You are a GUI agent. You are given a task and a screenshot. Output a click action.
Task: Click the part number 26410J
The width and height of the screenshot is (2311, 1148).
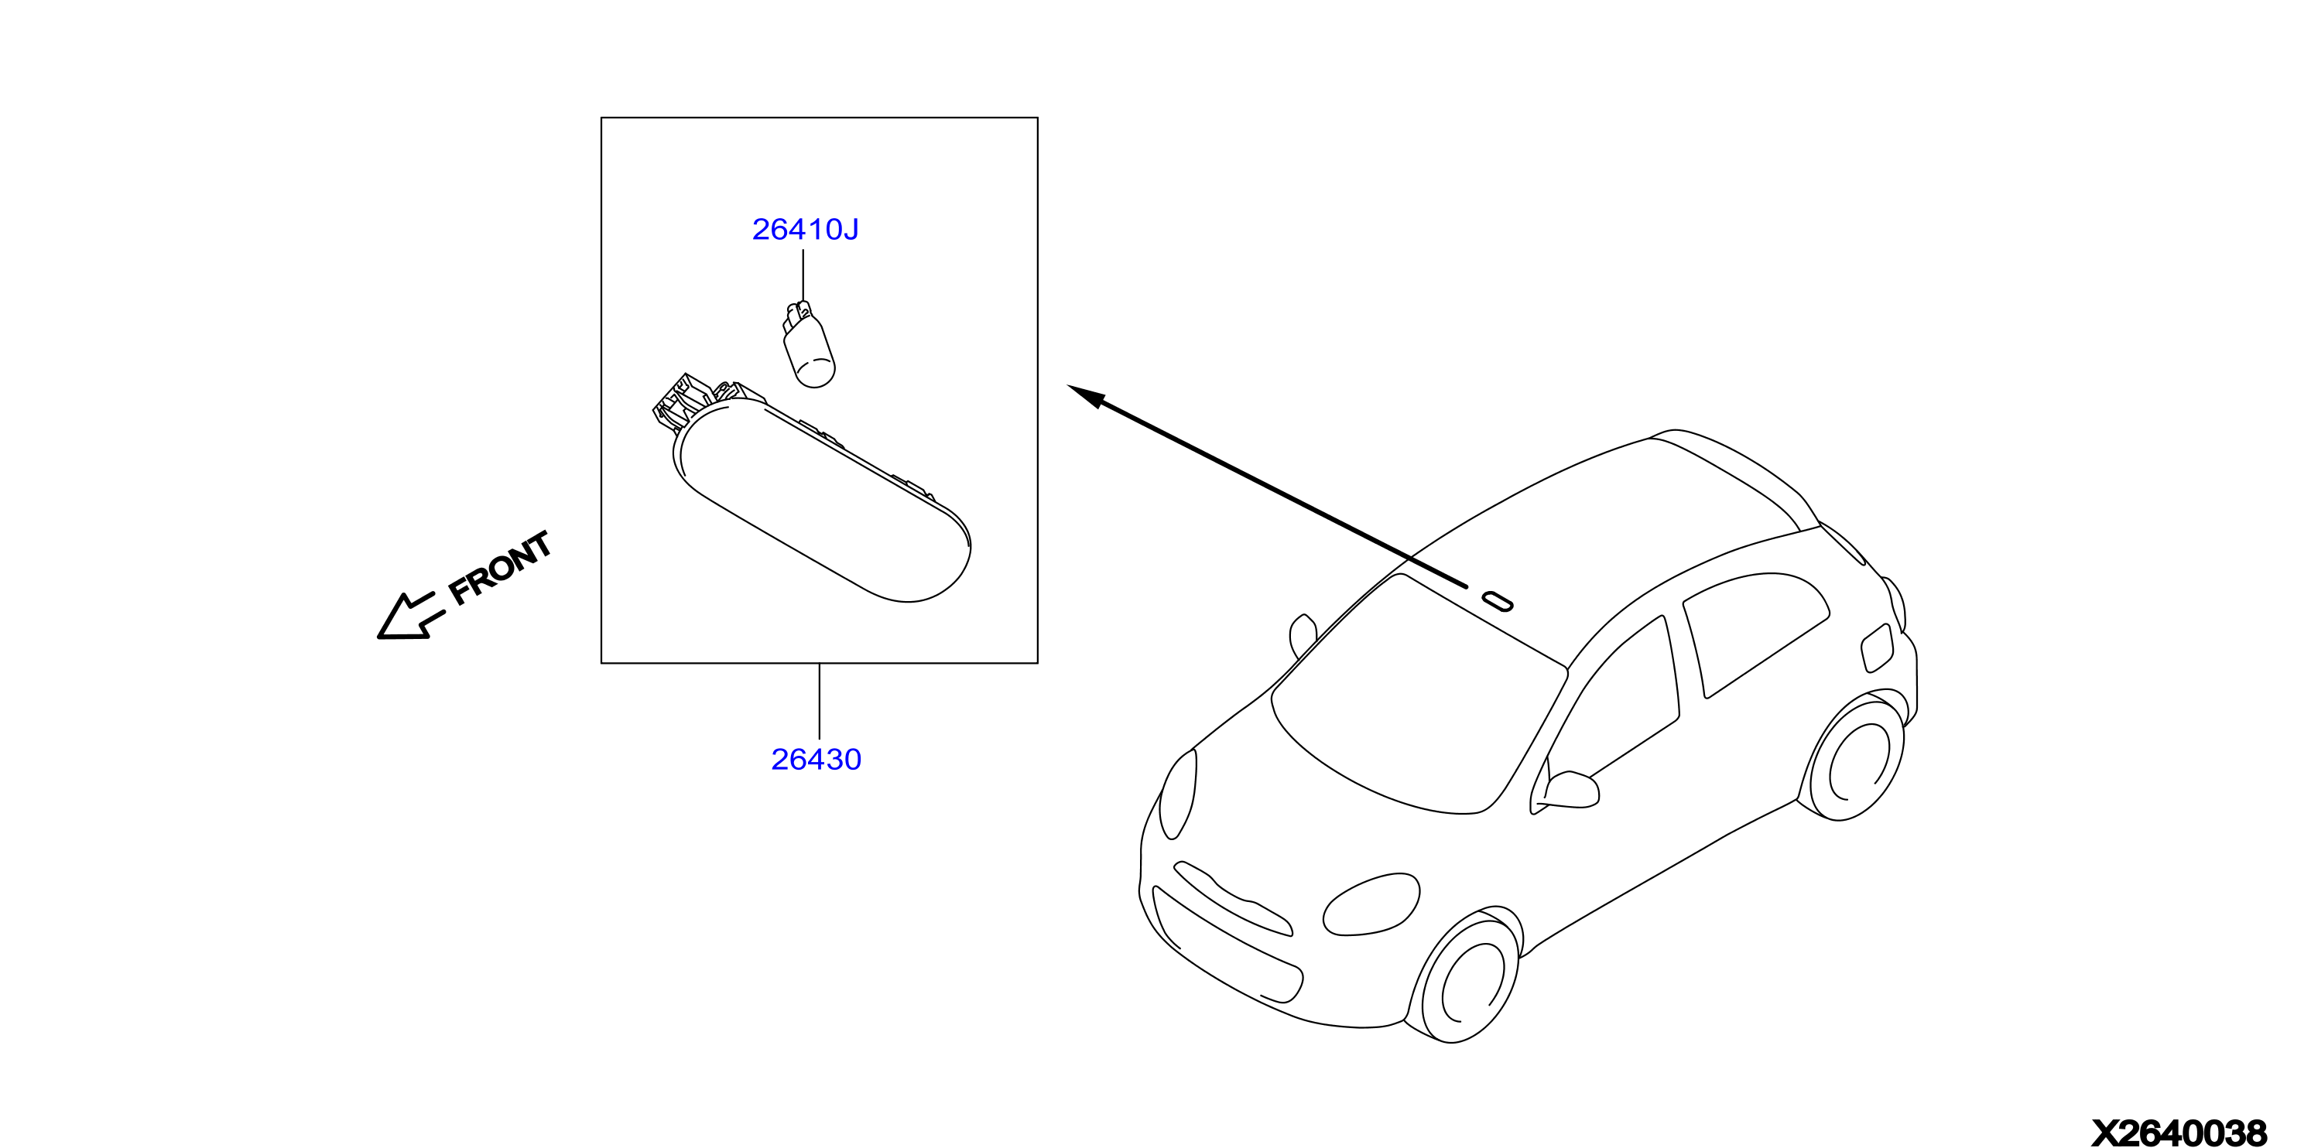pyautogui.click(x=805, y=230)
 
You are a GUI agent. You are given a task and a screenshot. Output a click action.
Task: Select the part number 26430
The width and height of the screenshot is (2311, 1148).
pyautogui.click(x=816, y=760)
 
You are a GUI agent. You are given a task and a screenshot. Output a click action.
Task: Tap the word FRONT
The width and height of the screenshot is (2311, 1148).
pyautogui.click(x=500, y=568)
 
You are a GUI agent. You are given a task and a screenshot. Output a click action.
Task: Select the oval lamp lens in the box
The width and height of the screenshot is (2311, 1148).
pyautogui.click(x=821, y=501)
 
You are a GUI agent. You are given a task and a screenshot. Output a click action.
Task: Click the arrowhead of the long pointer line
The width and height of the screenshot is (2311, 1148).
pyautogui.click(x=1087, y=395)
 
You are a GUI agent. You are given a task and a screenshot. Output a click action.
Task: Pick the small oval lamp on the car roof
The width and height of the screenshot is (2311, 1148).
pyautogui.click(x=1498, y=601)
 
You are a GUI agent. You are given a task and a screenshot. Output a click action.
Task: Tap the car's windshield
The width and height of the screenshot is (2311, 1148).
pyautogui.click(x=1420, y=696)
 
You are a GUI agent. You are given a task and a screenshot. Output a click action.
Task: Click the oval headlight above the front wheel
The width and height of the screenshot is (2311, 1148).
pyautogui.click(x=1371, y=904)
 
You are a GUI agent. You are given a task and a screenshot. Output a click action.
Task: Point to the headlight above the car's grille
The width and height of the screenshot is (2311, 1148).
pyautogui.click(x=1178, y=794)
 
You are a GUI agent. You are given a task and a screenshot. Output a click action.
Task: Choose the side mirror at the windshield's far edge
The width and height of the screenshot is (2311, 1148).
pyautogui.click(x=1303, y=636)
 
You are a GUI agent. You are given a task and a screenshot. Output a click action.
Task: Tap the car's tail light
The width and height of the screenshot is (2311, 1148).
pyautogui.click(x=1877, y=647)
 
